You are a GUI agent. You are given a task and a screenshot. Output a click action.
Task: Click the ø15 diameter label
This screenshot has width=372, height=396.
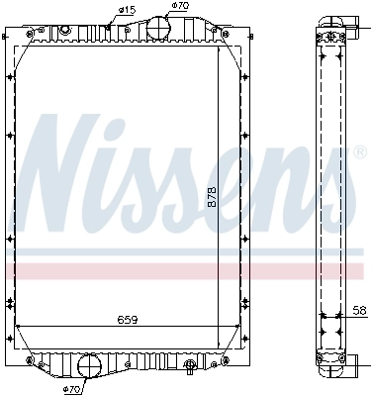point(127,11)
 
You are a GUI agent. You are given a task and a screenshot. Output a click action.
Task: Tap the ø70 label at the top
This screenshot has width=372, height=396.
point(179,7)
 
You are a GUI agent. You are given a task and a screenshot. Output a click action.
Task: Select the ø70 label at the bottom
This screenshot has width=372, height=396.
point(71,389)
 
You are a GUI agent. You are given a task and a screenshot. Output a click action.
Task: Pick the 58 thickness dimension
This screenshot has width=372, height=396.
point(359,311)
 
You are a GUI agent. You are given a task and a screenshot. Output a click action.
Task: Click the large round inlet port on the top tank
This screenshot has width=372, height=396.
point(157,29)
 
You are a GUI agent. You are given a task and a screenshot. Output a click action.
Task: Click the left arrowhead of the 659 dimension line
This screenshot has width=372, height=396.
point(22,326)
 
